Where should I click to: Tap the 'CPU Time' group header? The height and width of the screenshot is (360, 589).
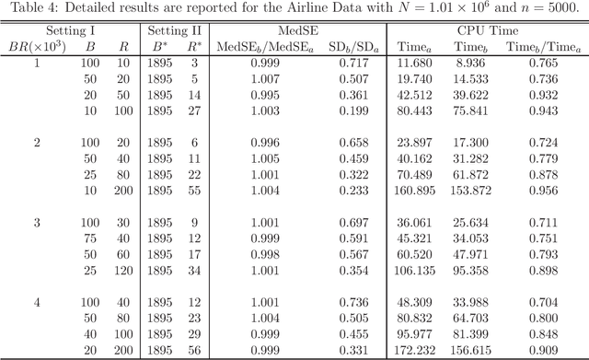(485, 29)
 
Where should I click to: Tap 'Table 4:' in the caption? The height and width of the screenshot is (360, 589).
(30, 8)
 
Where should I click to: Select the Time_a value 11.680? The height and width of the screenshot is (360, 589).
(415, 64)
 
